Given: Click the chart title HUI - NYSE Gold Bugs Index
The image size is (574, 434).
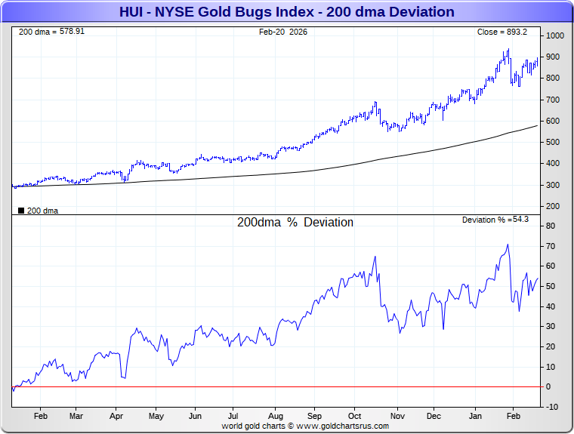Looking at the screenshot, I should (x=286, y=12).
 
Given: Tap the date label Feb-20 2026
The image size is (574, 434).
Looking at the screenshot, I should (x=283, y=32).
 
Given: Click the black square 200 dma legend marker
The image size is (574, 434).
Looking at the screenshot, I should (x=20, y=211).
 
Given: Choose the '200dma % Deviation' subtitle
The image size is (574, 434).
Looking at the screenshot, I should (x=295, y=223).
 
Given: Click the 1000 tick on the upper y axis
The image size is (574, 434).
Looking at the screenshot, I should (x=555, y=36).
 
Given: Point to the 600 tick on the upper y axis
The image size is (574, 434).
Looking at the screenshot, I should (x=553, y=121).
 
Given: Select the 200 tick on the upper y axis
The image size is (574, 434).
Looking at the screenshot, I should (x=553, y=206).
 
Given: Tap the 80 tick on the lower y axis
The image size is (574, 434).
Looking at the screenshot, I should (x=551, y=226).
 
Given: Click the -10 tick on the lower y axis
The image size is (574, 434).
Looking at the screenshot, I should (x=552, y=407).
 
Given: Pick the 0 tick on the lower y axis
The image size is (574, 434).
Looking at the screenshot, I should (x=549, y=386).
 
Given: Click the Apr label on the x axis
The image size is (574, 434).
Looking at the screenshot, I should (x=116, y=416).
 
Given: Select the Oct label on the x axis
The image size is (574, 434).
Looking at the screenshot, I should (x=355, y=416).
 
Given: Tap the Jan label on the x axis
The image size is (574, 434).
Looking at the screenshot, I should (x=476, y=416).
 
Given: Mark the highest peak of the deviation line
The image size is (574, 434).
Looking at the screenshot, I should (x=508, y=245).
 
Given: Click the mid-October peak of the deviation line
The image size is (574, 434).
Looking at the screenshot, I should (x=375, y=257).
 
